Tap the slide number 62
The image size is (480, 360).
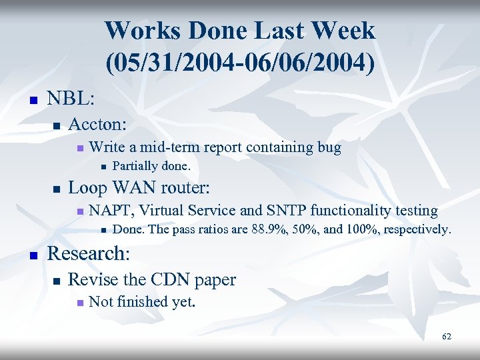[446, 337]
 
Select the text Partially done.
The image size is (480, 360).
[151, 166]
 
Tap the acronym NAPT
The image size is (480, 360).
[111, 211]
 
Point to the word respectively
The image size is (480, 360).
[418, 230]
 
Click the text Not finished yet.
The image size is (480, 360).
[142, 302]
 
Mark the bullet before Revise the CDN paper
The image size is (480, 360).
[57, 281]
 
